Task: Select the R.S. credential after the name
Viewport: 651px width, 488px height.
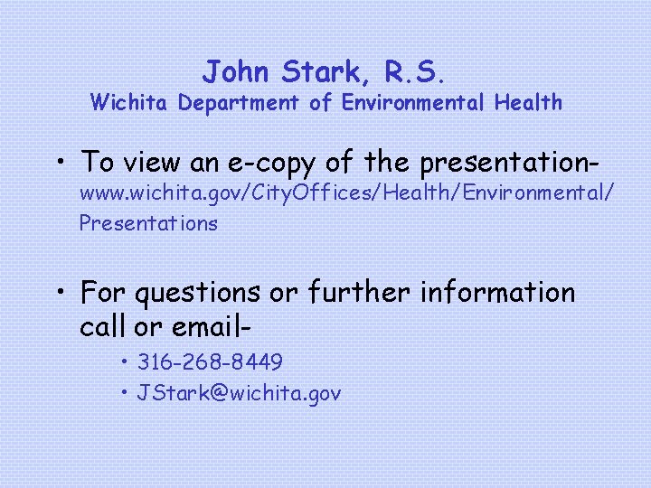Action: (x=415, y=70)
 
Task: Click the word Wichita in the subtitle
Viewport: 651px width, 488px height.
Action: (x=130, y=103)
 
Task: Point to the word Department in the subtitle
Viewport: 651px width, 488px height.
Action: (x=238, y=103)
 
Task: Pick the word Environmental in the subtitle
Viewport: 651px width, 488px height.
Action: (x=413, y=103)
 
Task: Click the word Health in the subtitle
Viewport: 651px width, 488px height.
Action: (x=528, y=103)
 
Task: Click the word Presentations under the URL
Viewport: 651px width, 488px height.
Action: (x=148, y=222)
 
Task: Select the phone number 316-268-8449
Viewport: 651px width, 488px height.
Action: (x=210, y=363)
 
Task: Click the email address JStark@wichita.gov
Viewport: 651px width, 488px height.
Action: (x=239, y=393)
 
